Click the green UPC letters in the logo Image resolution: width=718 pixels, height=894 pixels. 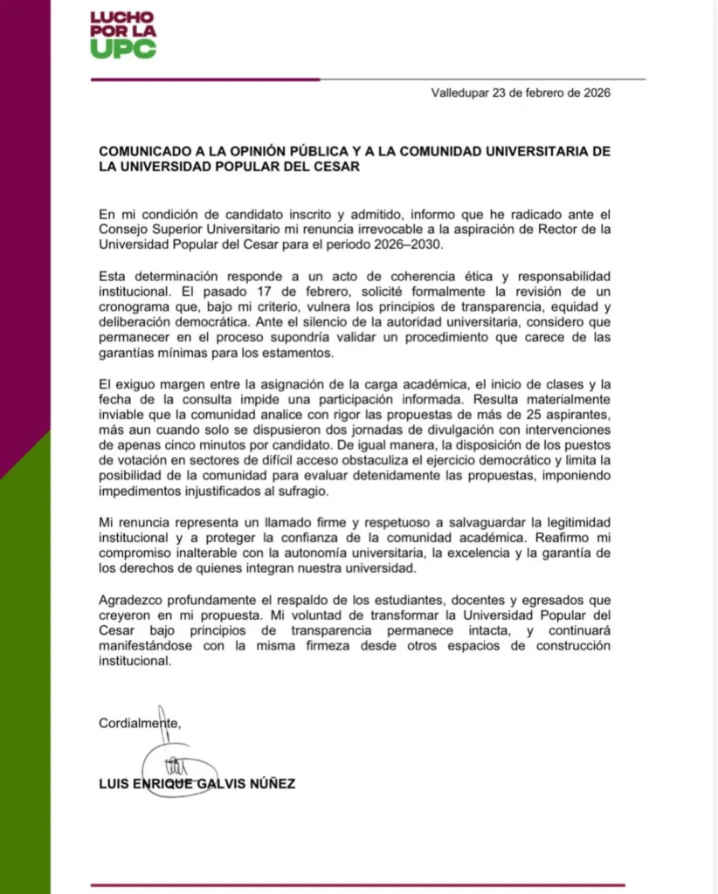coord(123,49)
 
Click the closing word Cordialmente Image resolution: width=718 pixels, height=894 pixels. coord(140,724)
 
